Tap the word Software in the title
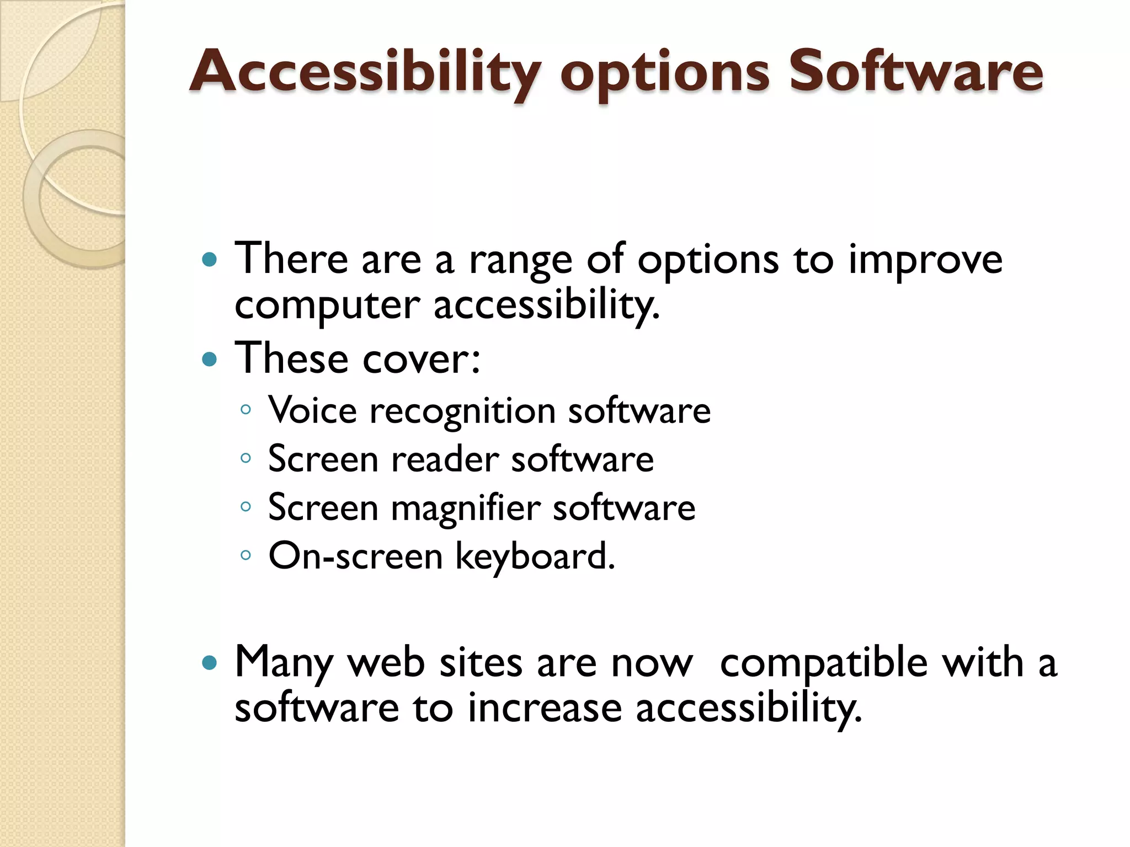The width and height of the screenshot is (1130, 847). coord(916,72)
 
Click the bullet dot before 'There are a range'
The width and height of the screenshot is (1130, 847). coord(210,259)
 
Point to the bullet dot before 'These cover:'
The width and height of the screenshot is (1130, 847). coord(210,360)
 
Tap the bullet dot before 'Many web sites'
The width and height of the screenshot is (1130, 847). coord(210,662)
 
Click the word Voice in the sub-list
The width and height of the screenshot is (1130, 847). coord(312,411)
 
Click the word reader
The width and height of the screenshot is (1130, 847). coord(445,459)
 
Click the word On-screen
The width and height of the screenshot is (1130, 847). coord(355,556)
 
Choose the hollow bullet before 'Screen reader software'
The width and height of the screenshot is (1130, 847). coord(246,458)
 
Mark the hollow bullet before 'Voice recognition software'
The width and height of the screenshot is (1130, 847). coord(246,409)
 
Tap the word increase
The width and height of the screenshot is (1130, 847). coord(545,708)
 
